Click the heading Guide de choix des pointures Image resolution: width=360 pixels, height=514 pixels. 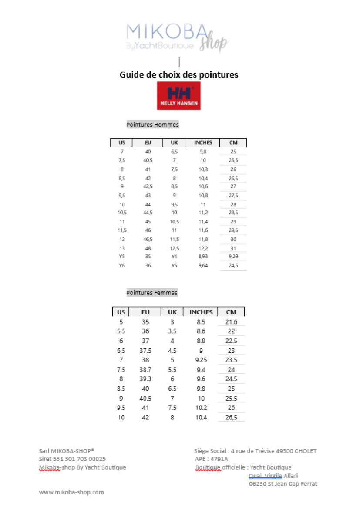click(x=178, y=74)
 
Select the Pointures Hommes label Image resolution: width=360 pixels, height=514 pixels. click(x=152, y=125)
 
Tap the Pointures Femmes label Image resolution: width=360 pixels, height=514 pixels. click(x=152, y=293)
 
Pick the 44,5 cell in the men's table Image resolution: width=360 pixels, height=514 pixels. click(x=148, y=213)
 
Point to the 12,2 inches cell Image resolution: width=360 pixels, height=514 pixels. click(x=203, y=248)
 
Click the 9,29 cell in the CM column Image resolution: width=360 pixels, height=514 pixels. click(x=233, y=257)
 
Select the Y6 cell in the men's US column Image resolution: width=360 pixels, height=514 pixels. click(x=122, y=265)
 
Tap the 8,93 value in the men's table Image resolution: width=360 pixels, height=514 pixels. click(x=203, y=257)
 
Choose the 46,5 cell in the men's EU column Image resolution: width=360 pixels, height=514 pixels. click(x=148, y=239)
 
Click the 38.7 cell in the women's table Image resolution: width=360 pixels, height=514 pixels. click(x=145, y=370)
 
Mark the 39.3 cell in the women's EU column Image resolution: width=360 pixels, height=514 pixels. click(x=145, y=379)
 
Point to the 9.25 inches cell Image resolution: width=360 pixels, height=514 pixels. click(x=201, y=360)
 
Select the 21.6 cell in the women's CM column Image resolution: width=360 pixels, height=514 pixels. click(x=231, y=322)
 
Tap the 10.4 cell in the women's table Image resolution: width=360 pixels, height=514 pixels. click(x=201, y=418)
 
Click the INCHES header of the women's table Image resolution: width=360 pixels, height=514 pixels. click(x=201, y=312)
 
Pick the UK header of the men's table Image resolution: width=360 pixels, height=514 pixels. click(x=174, y=142)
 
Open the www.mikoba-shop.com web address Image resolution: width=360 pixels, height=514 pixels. click(x=71, y=492)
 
